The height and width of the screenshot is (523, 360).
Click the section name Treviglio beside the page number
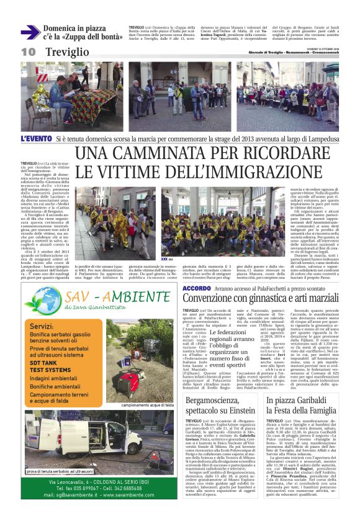click(x=66, y=52)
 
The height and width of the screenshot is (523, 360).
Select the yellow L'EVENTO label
click(x=37, y=138)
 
